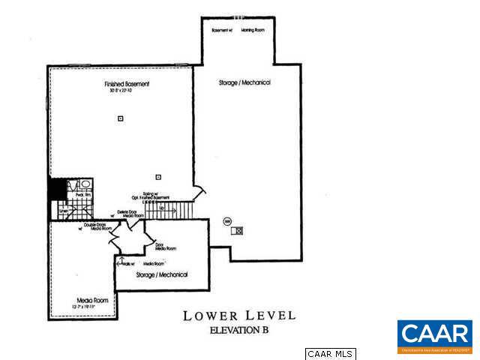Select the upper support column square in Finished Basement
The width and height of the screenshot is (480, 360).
[120, 118]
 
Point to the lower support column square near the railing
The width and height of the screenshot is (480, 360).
[157, 177]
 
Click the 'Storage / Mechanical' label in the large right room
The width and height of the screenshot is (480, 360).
[245, 82]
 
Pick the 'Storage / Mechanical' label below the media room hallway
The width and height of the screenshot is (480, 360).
[162, 275]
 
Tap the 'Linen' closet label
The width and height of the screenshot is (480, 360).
[64, 211]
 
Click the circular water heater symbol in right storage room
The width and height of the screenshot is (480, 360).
[227, 220]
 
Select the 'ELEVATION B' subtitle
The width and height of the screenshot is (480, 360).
[238, 331]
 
